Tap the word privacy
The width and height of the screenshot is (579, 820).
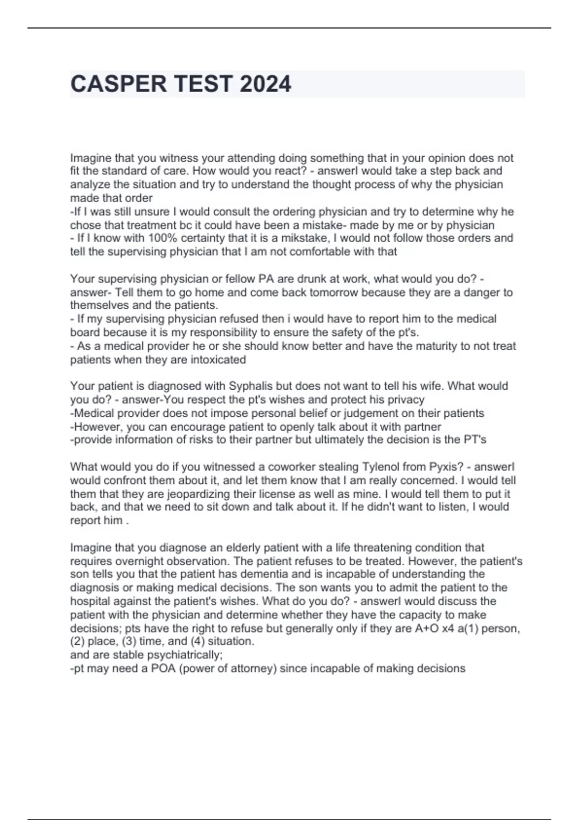406,400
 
